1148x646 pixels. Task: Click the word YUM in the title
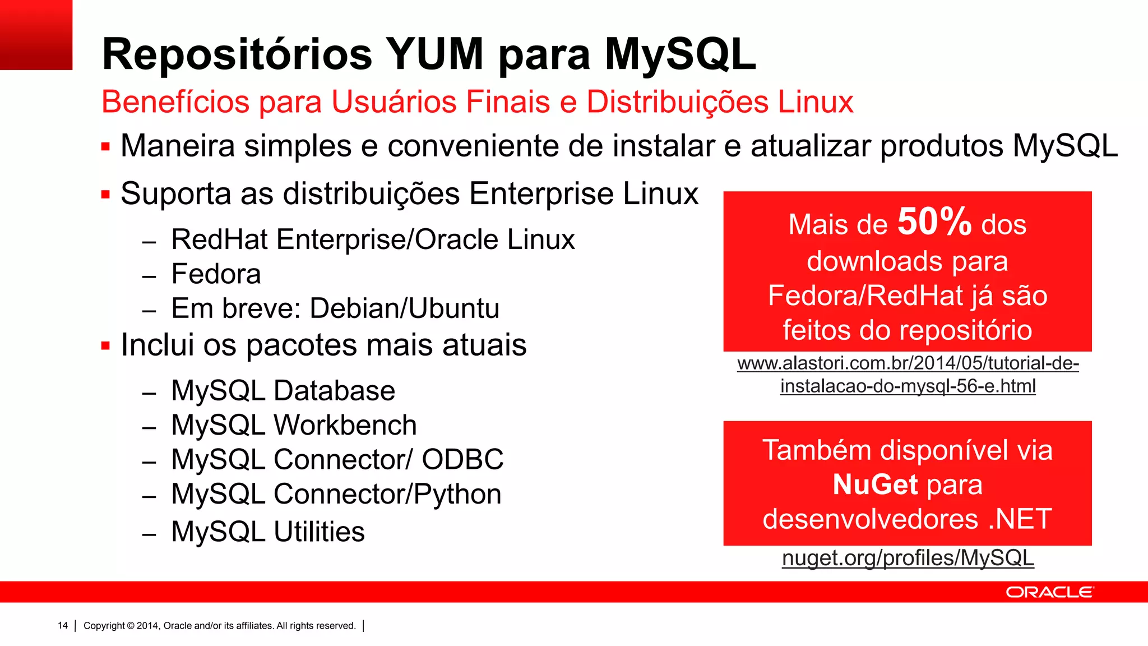434,54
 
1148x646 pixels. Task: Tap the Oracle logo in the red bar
1049,592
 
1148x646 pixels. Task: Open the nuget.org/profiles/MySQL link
908,558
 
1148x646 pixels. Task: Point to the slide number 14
63,626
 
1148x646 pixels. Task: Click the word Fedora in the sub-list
216,274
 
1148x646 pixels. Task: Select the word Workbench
345,425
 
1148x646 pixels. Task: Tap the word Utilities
319,532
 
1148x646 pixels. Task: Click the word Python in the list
457,494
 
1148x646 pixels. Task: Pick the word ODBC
462,460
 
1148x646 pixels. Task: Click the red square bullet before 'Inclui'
105,345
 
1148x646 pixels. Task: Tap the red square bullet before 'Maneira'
105,147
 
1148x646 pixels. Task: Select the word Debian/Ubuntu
404,308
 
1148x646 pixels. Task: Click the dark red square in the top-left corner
36,35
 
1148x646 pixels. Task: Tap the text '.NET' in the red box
1020,519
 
